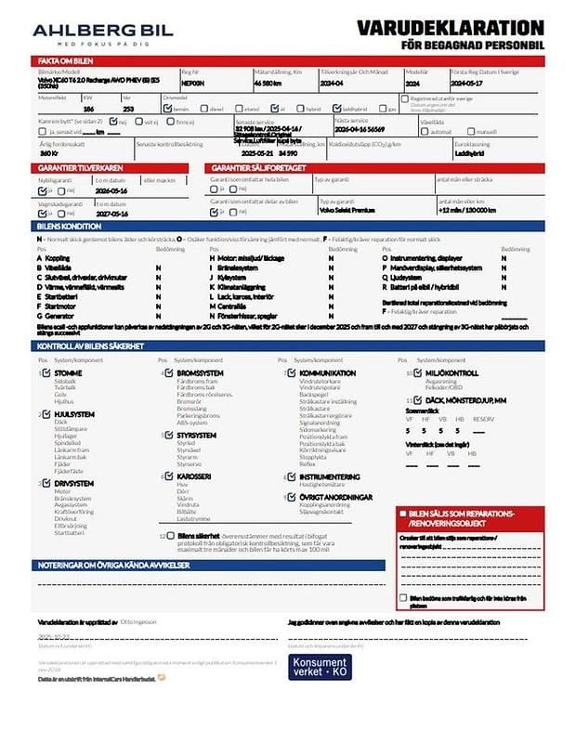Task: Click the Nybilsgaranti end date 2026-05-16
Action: [x=111, y=189]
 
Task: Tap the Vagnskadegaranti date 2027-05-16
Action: [x=111, y=213]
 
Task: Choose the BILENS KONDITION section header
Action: [x=69, y=226]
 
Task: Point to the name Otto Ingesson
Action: [x=138, y=621]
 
